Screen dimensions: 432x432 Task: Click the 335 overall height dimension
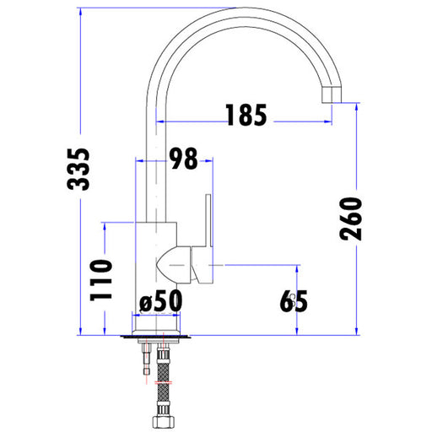[78, 169]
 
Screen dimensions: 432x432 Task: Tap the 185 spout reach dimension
[246, 115]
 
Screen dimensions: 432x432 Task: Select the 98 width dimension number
[184, 159]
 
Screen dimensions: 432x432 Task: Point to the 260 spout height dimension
[350, 219]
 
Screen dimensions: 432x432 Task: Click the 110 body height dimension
[100, 280]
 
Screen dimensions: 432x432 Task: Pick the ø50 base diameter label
[160, 301]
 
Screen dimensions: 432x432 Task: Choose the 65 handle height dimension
[294, 301]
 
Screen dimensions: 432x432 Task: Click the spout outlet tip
[332, 94]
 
